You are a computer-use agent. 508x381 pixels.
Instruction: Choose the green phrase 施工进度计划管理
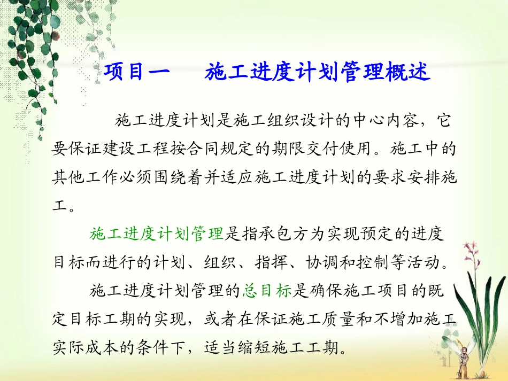click(x=156, y=234)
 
